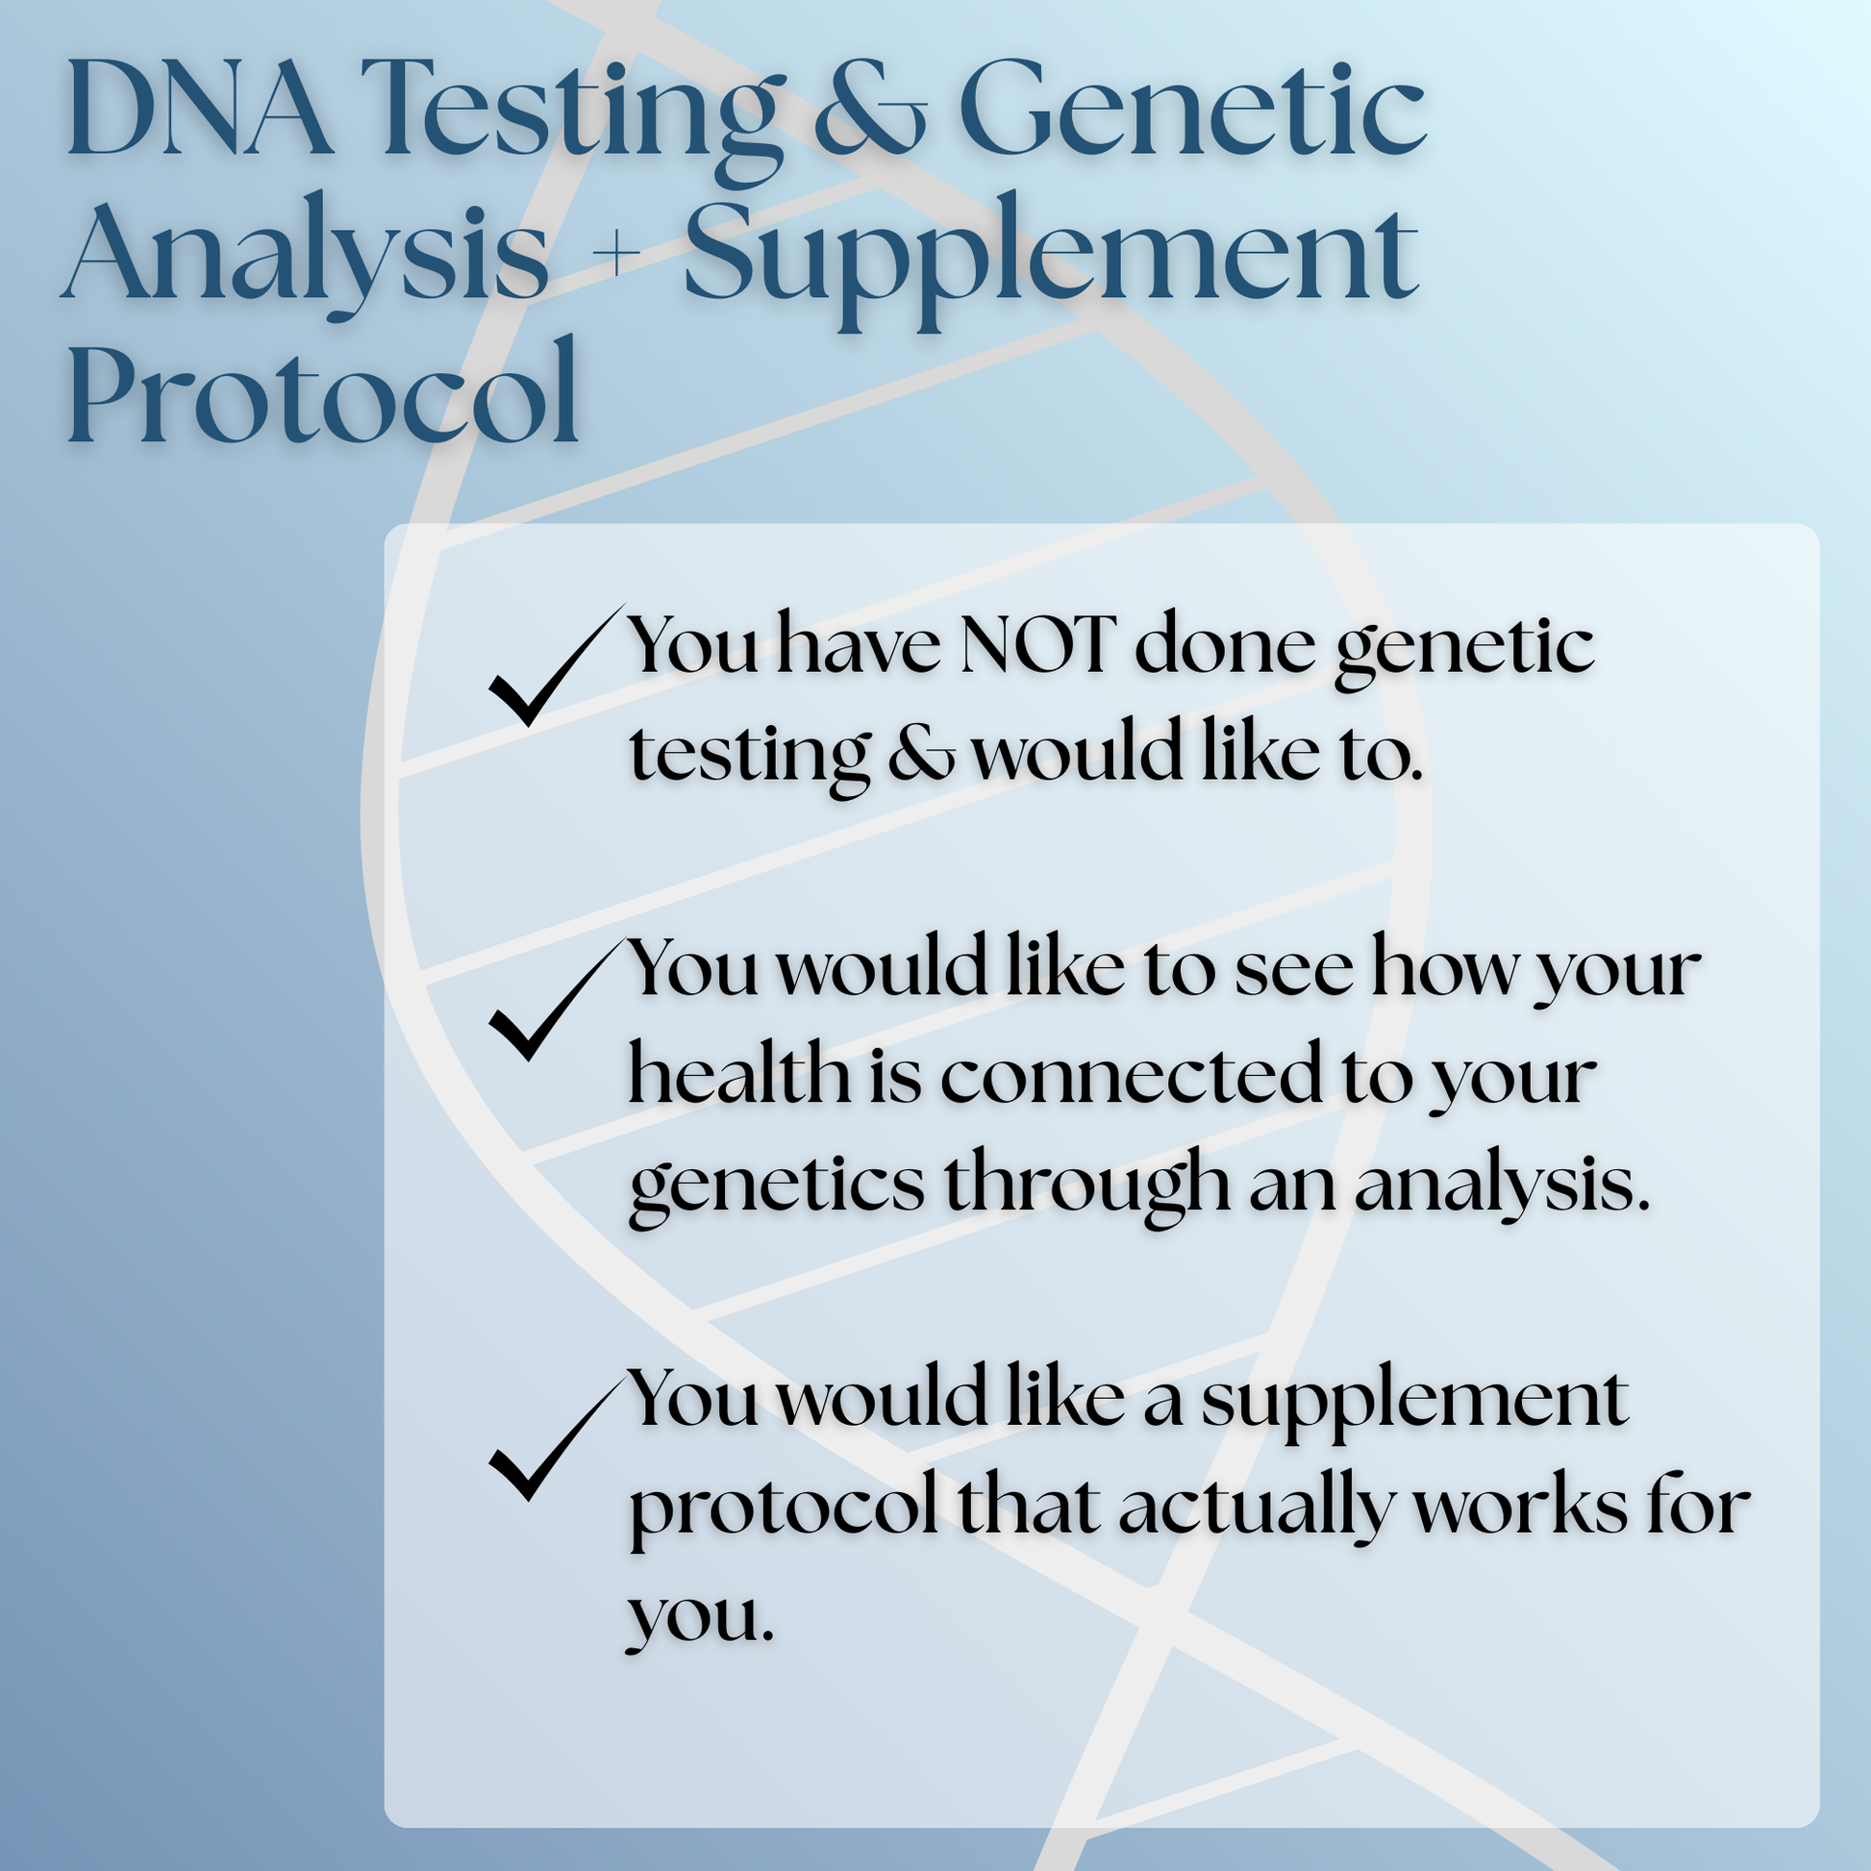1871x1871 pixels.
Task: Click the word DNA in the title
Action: (x=198, y=109)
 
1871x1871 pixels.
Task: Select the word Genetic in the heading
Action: (x=1191, y=109)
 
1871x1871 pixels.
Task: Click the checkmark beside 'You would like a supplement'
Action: (x=550, y=1439)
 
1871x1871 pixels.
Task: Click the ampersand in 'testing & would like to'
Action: (x=920, y=755)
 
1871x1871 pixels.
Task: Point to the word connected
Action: (x=1130, y=1076)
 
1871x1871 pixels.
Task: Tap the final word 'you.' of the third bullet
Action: (x=700, y=1615)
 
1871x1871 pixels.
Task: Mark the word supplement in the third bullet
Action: (x=1414, y=1400)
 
